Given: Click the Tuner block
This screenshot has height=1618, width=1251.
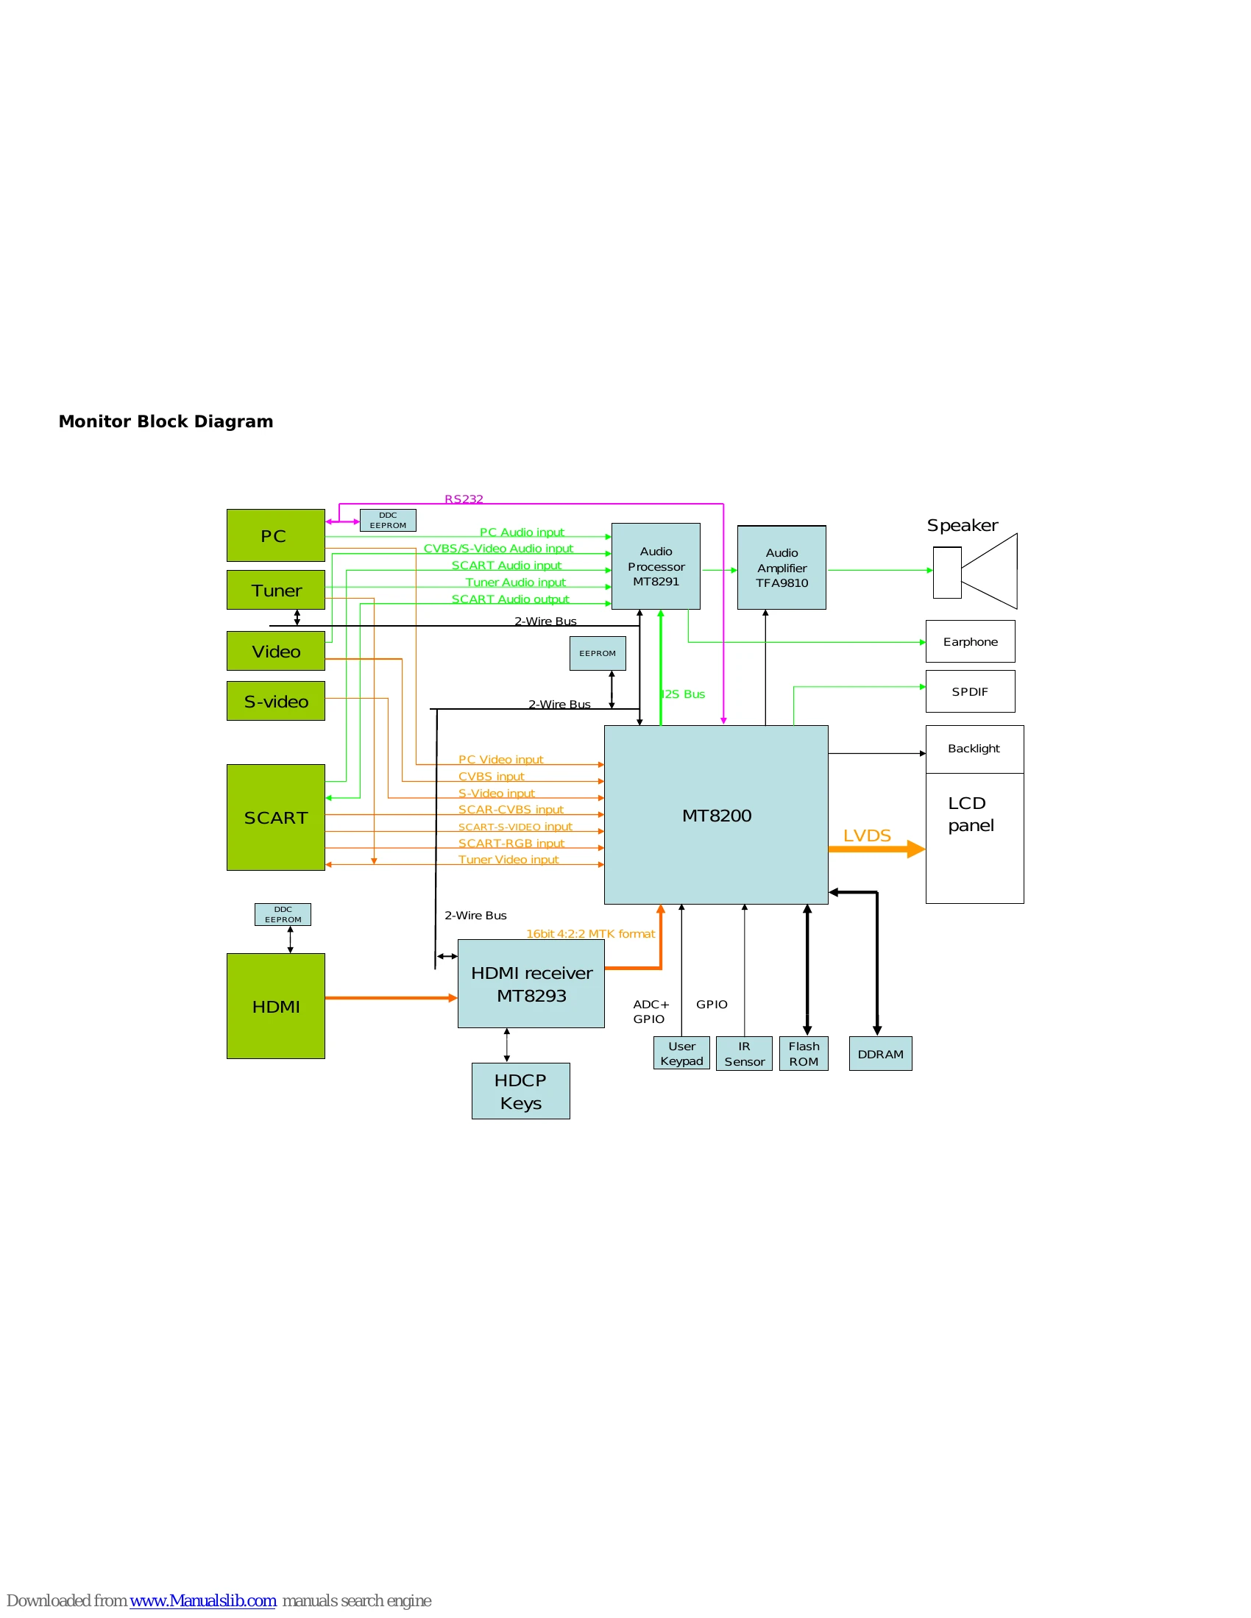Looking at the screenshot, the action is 276,590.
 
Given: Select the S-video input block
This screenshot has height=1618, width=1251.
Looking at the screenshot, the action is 276,701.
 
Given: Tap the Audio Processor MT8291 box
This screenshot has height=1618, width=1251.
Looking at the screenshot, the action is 656,566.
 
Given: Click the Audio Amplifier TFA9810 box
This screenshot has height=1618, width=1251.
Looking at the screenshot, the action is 782,568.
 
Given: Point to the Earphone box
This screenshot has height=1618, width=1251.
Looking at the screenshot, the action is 970,641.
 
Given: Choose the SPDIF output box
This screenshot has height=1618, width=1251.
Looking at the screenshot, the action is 970,691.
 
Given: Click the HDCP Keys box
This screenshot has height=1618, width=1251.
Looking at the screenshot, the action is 521,1091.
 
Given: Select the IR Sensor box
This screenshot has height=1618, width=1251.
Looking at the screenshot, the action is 744,1053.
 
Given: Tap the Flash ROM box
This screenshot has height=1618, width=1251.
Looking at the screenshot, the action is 804,1053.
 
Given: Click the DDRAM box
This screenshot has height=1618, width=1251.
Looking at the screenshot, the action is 880,1053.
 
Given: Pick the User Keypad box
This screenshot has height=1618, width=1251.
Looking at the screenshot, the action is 682,1053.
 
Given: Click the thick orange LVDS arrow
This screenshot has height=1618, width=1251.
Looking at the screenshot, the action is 876,849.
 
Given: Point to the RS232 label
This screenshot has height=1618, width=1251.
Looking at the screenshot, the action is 464,499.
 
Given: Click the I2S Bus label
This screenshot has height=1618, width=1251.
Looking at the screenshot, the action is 684,694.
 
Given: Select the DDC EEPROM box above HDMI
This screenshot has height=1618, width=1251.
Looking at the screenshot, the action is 283,914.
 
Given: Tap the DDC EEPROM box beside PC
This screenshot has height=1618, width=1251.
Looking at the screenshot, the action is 389,520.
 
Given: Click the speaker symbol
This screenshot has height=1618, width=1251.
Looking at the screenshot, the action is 975,571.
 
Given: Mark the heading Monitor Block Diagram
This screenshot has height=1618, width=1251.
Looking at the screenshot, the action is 166,421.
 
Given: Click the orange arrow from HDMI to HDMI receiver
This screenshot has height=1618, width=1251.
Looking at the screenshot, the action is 391,998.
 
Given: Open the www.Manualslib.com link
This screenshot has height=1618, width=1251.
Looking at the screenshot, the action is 203,1600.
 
